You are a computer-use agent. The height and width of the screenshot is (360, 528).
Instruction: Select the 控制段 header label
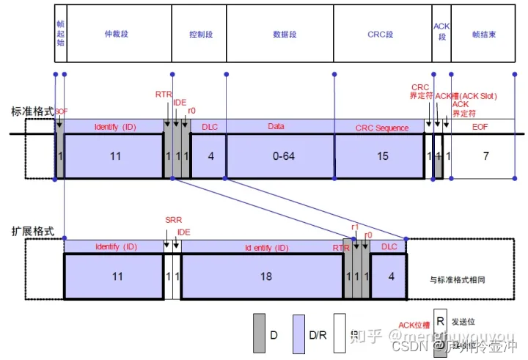[199, 34]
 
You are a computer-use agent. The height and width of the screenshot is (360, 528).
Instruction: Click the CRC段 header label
[381, 34]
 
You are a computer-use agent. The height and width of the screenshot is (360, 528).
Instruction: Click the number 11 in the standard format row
[115, 156]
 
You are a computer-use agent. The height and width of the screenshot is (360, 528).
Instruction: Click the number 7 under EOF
[485, 156]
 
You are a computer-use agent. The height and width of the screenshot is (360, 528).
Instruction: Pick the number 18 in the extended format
[263, 277]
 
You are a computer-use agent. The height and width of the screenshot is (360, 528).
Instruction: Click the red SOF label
[61, 112]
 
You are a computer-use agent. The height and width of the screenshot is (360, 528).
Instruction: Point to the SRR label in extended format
[172, 220]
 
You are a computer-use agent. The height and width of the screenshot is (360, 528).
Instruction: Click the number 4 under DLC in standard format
[210, 156]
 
